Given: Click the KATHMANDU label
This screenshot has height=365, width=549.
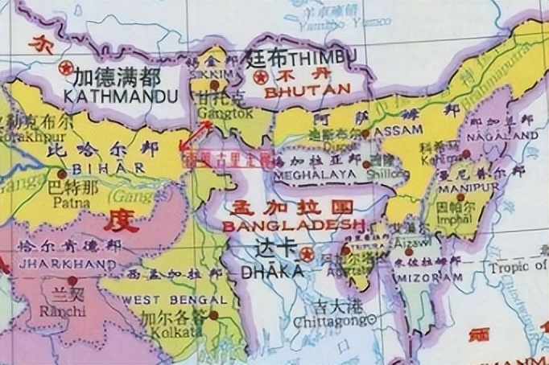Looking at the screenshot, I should [x=115, y=96].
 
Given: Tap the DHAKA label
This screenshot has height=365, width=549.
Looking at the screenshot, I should [x=273, y=271].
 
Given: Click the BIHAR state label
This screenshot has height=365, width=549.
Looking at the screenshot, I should [x=101, y=169].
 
